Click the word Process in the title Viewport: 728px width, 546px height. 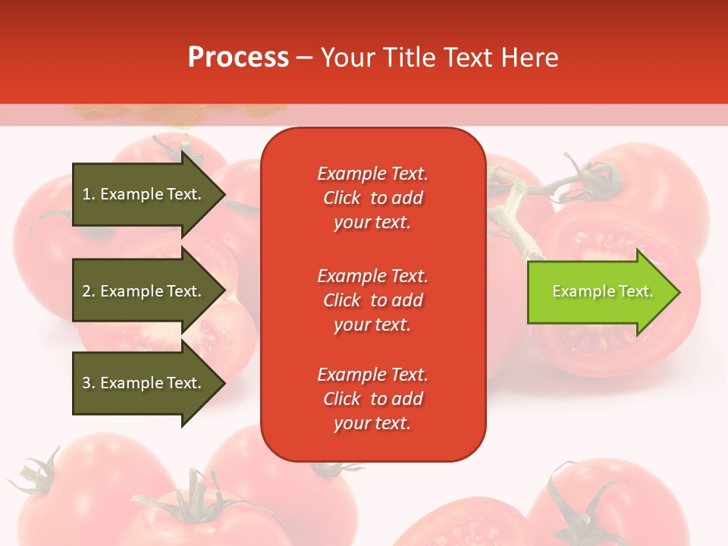point(238,58)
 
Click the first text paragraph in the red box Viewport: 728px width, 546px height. point(372,198)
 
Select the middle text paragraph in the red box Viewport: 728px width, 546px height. point(372,300)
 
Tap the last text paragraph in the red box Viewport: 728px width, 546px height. point(372,399)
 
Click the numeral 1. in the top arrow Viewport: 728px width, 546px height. point(89,194)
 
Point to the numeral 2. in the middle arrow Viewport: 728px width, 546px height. point(89,291)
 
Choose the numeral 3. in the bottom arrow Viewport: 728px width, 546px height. point(89,383)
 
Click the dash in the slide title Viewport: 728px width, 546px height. point(304,58)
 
